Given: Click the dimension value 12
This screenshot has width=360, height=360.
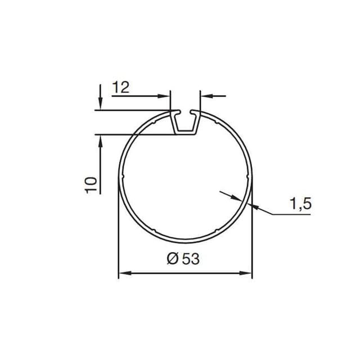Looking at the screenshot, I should (121, 87).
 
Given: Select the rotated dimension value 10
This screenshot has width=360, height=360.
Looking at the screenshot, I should (91, 184).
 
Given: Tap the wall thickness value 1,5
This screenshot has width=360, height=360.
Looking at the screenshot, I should (300, 204).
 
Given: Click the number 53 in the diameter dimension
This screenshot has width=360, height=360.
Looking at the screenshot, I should (191, 259).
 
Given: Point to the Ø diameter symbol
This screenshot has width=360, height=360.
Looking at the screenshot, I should (173, 259).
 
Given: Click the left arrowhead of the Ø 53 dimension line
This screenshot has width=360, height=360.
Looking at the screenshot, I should (123, 273).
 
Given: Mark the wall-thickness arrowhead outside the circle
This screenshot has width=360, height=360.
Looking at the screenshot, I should (256, 208).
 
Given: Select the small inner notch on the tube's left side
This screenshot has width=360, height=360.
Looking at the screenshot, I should (121, 179).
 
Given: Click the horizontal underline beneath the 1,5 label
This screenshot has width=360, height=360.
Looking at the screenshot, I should (292, 214).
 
